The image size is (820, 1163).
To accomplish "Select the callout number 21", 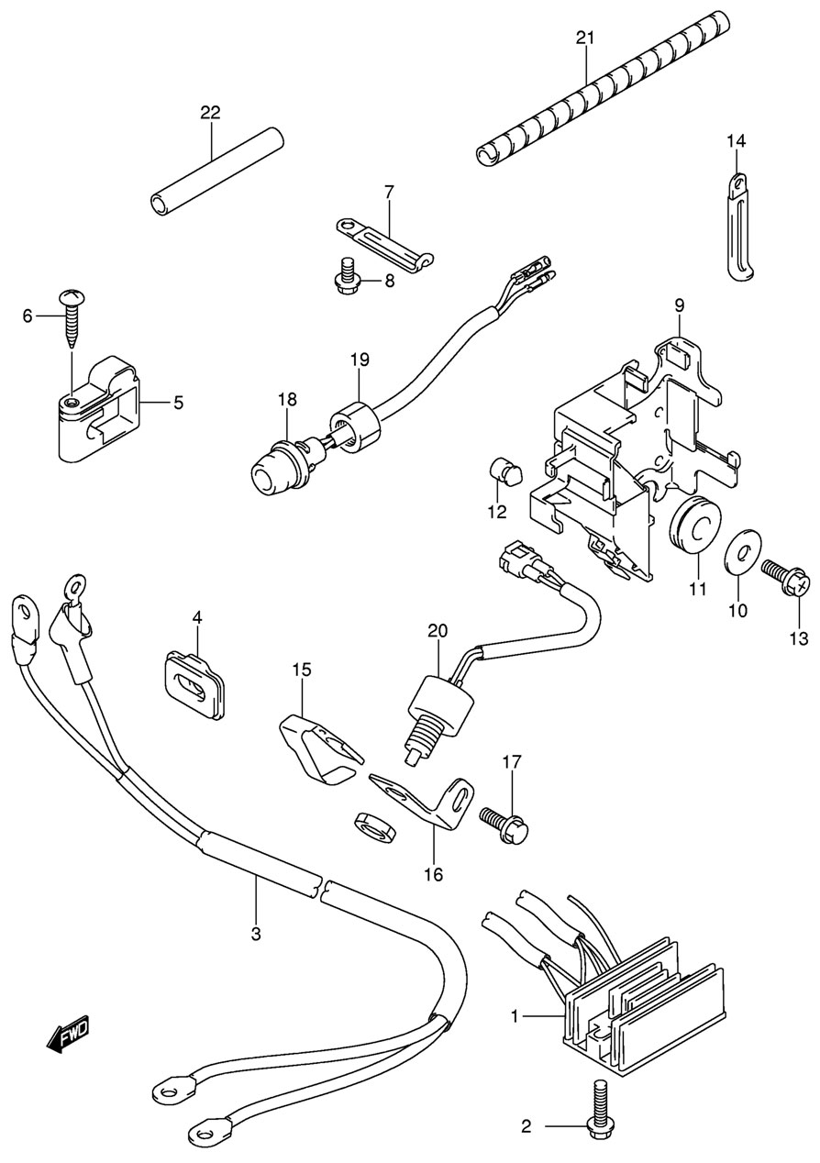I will pyautogui.click(x=585, y=38).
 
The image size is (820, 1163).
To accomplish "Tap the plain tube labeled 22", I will pyautogui.click(x=217, y=174).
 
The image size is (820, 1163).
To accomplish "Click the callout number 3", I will pyautogui.click(x=256, y=934).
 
